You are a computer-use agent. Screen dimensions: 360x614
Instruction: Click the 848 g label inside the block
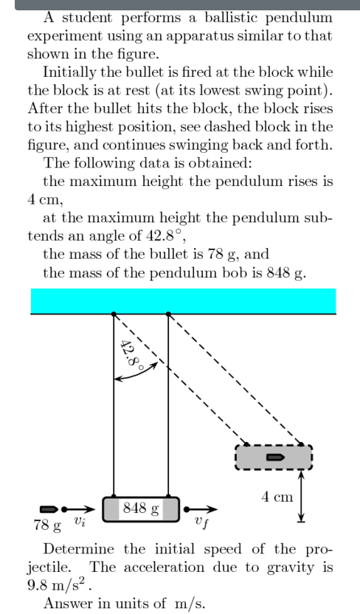pos(141,508)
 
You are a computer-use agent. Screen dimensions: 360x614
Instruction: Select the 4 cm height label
pos(277,497)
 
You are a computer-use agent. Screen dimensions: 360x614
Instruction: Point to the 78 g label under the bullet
pos(46,525)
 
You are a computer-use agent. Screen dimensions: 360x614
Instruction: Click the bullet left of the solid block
pos(49,508)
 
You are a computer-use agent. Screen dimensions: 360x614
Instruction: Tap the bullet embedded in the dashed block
pos(276,458)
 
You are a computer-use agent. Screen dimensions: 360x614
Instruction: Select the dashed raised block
pos(274,458)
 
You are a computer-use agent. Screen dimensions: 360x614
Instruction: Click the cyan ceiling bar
pos(183,301)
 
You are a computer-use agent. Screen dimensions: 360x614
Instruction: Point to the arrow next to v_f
pos(205,508)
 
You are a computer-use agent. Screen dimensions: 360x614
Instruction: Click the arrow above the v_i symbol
pos(80,508)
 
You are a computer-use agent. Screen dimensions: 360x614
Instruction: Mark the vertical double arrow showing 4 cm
pos(300,497)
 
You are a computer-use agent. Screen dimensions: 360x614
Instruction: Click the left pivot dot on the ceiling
pos(113,314)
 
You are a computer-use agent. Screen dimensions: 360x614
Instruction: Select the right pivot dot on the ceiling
pos(169,314)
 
